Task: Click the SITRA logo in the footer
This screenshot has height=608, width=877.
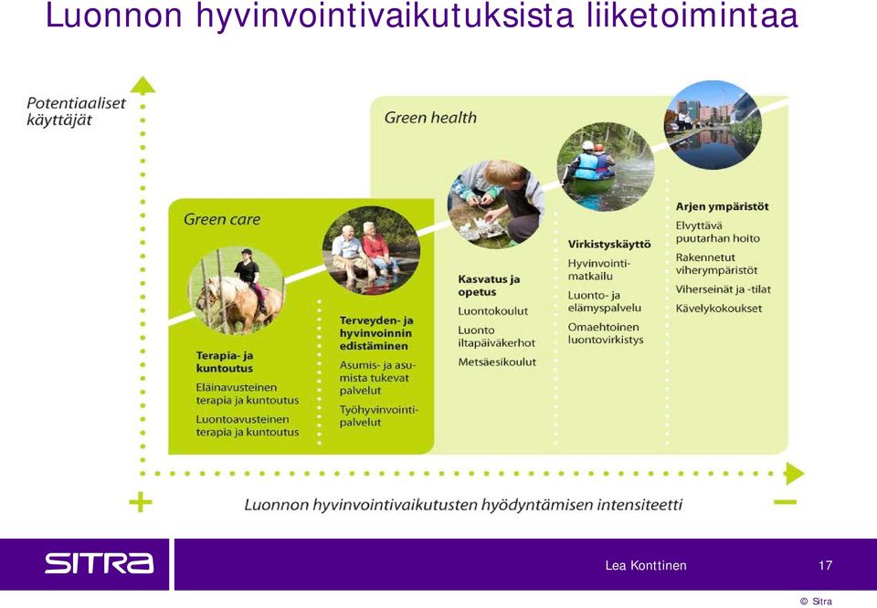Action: tap(99, 562)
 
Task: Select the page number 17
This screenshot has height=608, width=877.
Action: tap(826, 565)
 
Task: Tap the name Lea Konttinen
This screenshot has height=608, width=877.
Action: tap(646, 565)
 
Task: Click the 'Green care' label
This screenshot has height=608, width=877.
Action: tap(222, 219)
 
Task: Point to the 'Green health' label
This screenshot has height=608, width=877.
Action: tap(430, 118)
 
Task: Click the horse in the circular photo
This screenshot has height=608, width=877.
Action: tap(238, 302)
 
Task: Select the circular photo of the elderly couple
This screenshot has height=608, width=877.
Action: tap(371, 250)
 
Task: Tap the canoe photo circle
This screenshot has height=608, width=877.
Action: tap(605, 167)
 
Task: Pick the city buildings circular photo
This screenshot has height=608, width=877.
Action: tap(713, 125)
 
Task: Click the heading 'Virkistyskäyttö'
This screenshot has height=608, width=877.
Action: tap(609, 245)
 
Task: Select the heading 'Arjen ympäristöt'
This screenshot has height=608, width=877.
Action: tap(722, 206)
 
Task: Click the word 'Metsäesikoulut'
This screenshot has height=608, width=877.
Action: tap(497, 362)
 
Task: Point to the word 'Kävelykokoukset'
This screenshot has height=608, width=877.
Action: tap(719, 308)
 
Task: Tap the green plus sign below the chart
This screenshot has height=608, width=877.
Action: tap(141, 502)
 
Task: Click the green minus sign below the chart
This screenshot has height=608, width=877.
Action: tap(785, 502)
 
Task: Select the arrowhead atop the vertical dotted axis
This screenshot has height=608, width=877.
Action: tap(143, 85)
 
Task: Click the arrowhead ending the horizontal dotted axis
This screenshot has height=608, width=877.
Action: tap(794, 473)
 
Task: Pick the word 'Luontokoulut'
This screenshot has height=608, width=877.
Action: tap(492, 310)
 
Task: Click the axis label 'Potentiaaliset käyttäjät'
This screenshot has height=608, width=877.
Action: tap(76, 111)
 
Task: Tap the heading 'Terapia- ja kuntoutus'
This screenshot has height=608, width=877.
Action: tap(225, 362)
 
